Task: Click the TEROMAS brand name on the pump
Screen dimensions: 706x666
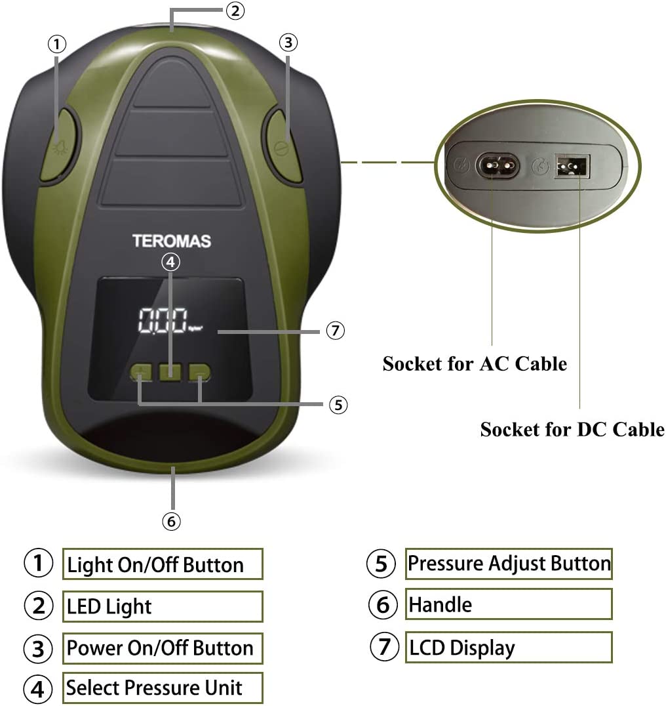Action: click(x=172, y=241)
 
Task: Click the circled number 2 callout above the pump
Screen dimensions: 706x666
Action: click(x=234, y=10)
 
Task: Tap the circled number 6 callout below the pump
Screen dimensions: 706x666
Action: click(x=170, y=521)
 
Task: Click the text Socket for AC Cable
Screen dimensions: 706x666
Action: click(x=475, y=363)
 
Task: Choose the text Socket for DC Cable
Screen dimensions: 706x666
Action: click(x=572, y=430)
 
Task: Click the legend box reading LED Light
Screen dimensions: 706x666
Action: click(x=163, y=606)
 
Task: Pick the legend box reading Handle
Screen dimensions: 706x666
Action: click(x=508, y=604)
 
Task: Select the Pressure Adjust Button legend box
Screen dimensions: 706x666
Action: click(x=508, y=564)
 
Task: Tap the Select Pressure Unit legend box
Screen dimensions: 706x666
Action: click(x=163, y=688)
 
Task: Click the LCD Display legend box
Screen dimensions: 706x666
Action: click(x=508, y=648)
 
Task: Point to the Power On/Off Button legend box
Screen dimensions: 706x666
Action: click(x=163, y=648)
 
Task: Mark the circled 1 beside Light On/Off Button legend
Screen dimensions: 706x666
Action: click(x=38, y=564)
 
